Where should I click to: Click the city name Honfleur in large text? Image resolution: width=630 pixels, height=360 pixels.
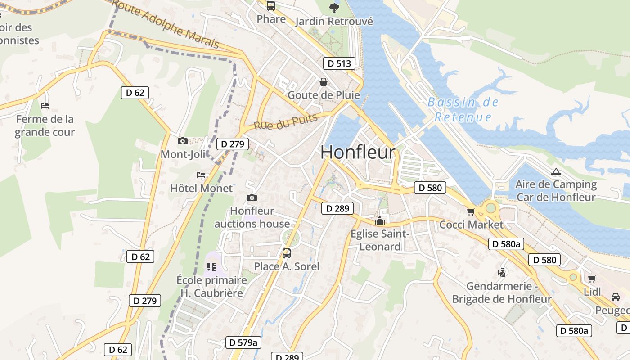358,152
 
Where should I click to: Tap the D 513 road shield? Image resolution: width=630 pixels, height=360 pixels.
339,63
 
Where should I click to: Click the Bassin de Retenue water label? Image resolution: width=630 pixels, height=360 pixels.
463,110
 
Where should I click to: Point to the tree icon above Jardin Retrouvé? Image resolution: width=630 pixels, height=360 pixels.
334,8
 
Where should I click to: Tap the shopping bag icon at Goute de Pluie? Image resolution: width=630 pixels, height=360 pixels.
323,82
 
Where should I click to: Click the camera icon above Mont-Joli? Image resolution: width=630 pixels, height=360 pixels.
182,141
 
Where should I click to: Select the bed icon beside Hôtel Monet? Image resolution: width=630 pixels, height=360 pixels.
201,175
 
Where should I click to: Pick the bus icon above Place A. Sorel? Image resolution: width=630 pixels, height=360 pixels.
287,253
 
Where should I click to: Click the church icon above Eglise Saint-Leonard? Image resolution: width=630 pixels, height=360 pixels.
380,221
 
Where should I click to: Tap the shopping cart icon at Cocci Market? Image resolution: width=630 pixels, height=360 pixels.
471,211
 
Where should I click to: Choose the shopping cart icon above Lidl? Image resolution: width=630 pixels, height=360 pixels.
592,279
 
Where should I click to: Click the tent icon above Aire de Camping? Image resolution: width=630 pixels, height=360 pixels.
556,171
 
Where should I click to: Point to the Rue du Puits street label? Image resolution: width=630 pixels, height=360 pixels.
286,122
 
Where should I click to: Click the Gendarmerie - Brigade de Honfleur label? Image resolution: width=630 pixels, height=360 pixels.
502,292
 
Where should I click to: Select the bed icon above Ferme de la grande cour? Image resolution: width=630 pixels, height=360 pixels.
45,106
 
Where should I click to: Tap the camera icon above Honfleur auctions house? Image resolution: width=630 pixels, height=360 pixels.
252,198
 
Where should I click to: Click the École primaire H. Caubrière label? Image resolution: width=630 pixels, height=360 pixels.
211,287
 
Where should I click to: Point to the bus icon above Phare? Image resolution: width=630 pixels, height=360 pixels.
271,6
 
